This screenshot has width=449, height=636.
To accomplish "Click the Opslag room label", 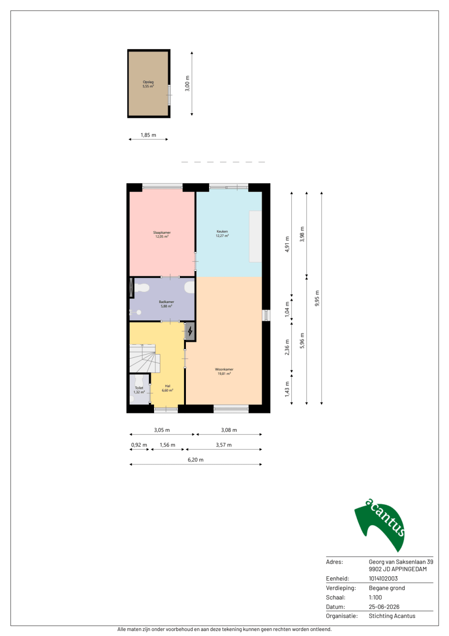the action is tap(148, 84).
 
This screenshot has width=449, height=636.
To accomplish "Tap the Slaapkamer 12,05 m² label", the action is tap(162, 234).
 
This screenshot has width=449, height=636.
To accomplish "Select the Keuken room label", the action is tap(222, 233).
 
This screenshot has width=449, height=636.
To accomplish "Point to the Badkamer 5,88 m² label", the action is tap(167, 304).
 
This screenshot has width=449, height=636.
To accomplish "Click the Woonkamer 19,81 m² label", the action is tap(224, 371).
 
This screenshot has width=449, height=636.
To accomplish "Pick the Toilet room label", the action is tap(139, 390).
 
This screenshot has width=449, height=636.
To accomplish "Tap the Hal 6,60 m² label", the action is tap(167, 388).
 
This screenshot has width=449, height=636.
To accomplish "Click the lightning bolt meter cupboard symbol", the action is tap(190, 331).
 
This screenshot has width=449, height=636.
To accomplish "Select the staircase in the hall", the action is tap(145, 358).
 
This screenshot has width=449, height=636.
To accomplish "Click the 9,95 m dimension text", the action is tap(317, 298).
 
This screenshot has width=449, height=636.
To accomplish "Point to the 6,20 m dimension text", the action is tap(195, 460).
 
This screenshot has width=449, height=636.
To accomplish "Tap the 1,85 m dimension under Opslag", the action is tap(148, 135).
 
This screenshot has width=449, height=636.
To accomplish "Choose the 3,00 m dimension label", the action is tap(187, 84).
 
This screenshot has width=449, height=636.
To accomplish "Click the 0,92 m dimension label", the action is tap(139, 445).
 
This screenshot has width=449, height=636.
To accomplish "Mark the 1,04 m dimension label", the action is tap(287, 309).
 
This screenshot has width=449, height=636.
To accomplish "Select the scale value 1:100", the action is tap(375, 597).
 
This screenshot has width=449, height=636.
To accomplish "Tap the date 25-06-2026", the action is tap(384, 607).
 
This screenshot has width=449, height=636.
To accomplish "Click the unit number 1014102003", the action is tap(383, 578).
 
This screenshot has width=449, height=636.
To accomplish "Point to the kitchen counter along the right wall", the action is tap(255, 236).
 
